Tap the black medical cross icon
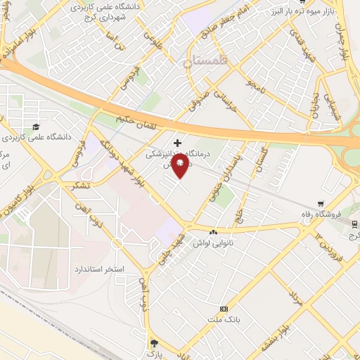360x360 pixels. pyautogui.click(x=177, y=143)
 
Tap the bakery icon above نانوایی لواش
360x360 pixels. pyautogui.click(x=214, y=231)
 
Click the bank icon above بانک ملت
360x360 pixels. pyautogui.click(x=224, y=309)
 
